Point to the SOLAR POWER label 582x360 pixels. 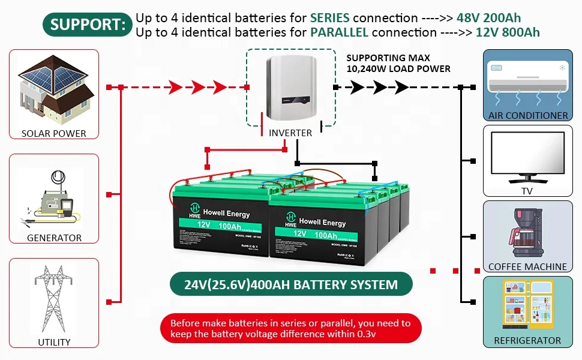click(x=54, y=133)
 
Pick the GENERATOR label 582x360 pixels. click(x=54, y=238)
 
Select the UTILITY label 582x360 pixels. click(x=54, y=342)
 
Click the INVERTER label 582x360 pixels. click(x=290, y=133)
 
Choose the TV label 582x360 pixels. click(x=528, y=191)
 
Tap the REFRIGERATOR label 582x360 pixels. click(x=528, y=341)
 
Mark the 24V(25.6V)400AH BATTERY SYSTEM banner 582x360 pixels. click(x=291, y=284)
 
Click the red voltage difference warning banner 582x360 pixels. click(x=291, y=328)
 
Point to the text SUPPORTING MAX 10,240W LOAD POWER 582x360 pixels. click(x=398, y=64)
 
